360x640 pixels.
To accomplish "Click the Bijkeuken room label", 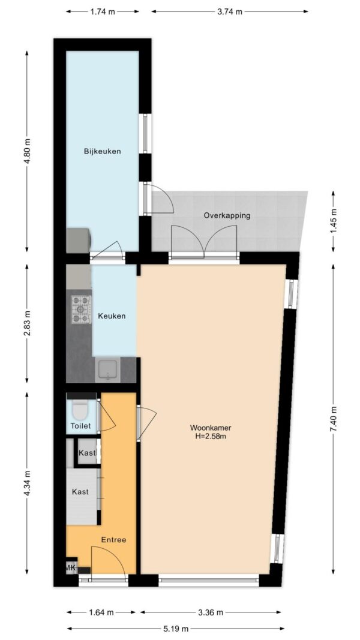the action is coord(103,151).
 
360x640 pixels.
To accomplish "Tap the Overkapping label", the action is coord(227,215).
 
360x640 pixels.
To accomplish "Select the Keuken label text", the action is coord(111,316).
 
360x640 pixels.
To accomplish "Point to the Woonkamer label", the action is coord(211,428).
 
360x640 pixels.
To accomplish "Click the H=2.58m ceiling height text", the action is coord(211,436).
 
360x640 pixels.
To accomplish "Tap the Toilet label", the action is coord(81,426).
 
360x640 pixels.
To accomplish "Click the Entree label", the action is coord(113,540).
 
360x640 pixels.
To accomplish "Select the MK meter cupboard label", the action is coord(71,567).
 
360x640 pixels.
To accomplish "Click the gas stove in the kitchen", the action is coord(81,309).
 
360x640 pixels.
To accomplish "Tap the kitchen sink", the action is coord(108,370).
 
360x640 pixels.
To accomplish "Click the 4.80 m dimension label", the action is coord(27,151).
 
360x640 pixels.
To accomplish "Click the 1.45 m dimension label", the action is coord(333,221).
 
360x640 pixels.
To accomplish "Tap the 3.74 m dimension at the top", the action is coord(229,12).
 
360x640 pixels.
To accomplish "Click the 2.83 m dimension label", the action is coord(27,324).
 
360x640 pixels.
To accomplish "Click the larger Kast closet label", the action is coord(80,492).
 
